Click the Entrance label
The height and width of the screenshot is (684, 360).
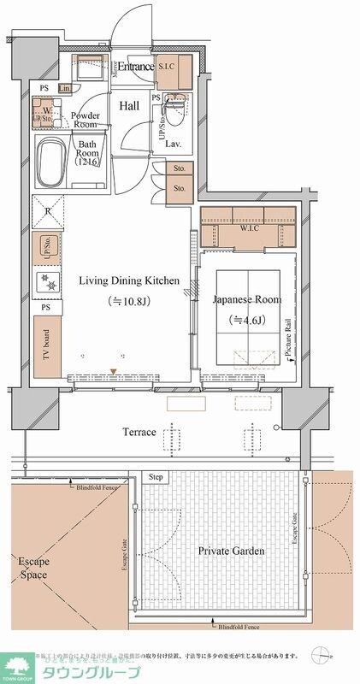[135, 67]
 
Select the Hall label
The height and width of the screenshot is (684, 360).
[129, 106]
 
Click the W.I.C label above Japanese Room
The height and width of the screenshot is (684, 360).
[249, 228]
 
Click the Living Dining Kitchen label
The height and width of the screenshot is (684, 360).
[128, 280]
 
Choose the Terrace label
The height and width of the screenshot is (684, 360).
[137, 432]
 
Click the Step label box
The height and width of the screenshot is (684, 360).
[156, 476]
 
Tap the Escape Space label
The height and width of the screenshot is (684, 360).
[34, 569]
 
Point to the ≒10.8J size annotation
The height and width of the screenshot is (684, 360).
[128, 301]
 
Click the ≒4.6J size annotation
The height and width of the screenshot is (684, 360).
[248, 320]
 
